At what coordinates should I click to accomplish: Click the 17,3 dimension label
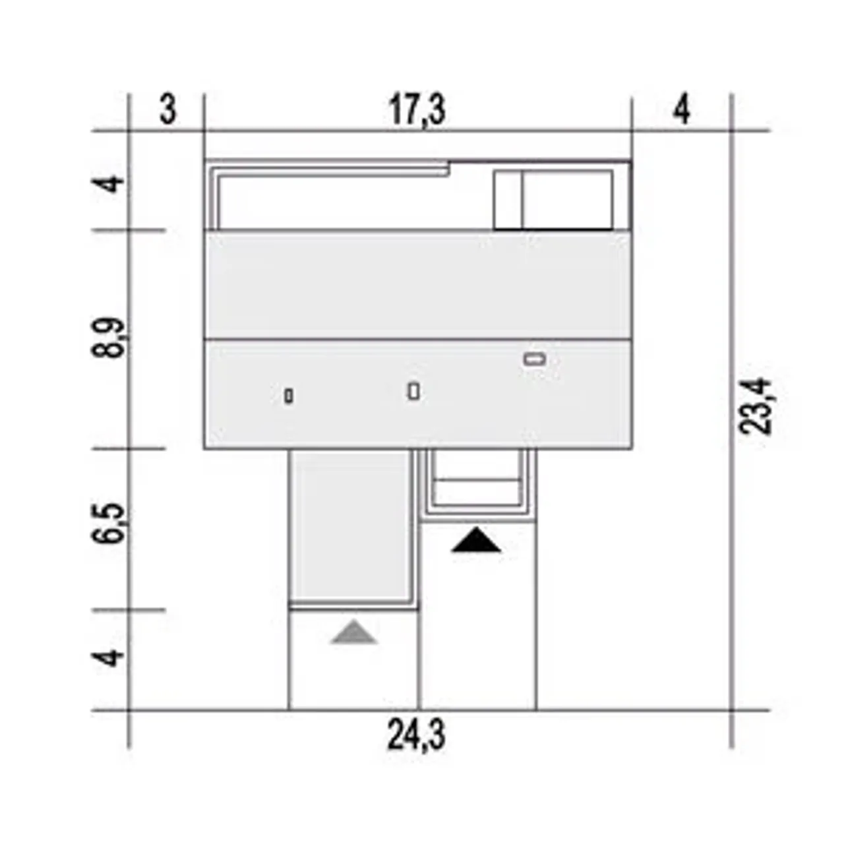(x=417, y=111)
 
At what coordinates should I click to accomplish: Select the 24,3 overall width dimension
(x=416, y=737)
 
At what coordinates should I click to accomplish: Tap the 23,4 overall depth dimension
(x=754, y=406)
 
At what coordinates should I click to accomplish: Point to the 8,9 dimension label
(x=107, y=338)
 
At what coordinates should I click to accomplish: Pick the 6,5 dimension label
(x=107, y=524)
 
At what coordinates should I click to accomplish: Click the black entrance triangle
(x=476, y=541)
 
